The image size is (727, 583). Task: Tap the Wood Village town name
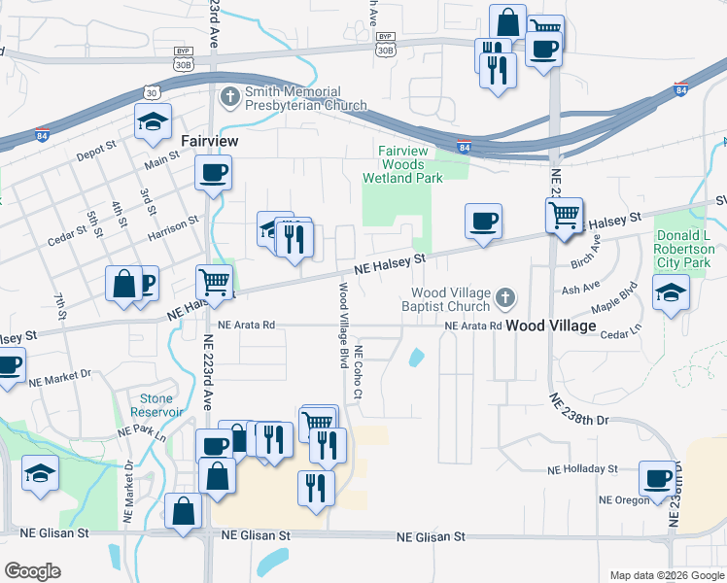click(550, 326)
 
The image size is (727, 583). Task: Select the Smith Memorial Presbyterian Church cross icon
click(229, 97)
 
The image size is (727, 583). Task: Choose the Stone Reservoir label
click(156, 405)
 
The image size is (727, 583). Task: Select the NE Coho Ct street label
click(359, 372)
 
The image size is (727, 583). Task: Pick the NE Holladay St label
click(582, 469)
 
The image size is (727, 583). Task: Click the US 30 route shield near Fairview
click(151, 92)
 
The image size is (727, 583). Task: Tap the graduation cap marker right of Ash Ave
click(671, 291)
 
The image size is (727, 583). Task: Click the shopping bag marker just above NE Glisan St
click(183, 510)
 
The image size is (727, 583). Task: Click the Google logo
click(32, 571)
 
